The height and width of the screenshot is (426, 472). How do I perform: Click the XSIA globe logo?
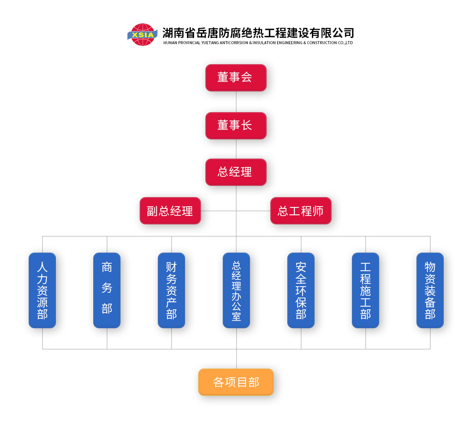coord(142,35)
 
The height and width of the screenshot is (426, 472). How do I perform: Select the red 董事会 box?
coord(236,78)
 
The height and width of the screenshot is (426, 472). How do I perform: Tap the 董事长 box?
coord(236,126)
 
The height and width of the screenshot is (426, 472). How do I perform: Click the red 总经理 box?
coord(236,172)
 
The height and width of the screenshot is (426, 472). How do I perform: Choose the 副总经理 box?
coord(170,211)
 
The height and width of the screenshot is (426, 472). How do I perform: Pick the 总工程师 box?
coord(301,211)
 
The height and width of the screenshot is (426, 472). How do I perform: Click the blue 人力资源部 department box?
coord(42,290)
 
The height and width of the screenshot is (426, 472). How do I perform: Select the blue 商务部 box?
coord(107,290)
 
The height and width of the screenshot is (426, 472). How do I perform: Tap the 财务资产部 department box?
coord(171,290)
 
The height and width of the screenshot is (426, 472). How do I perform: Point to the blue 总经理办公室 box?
coord(236,290)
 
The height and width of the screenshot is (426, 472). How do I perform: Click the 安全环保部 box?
coord(301,290)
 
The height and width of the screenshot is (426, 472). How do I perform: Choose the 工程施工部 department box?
coord(366,290)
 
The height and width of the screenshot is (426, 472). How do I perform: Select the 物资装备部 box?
coord(430,290)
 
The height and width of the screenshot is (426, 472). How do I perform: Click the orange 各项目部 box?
coord(236,382)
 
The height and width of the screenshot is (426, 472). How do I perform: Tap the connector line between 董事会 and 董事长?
coord(236,102)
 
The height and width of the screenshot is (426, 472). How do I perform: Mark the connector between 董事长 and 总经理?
coord(236,149)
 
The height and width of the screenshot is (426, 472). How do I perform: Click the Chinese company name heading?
coord(258,33)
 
